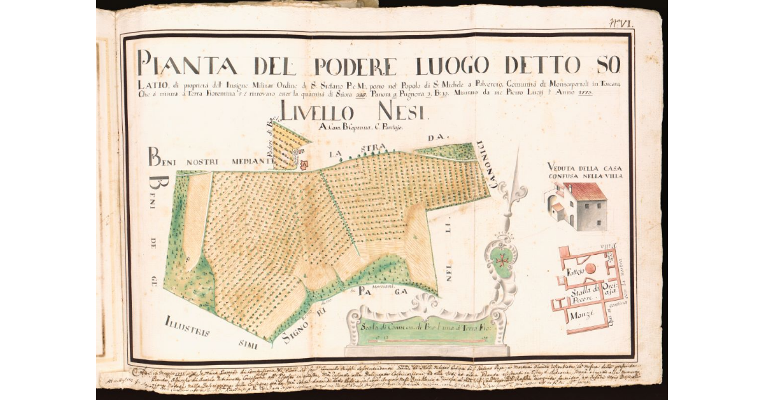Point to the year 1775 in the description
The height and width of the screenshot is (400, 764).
point(585,92)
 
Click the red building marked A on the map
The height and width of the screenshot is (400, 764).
point(304,164)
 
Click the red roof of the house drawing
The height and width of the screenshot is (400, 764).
point(584,190)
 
